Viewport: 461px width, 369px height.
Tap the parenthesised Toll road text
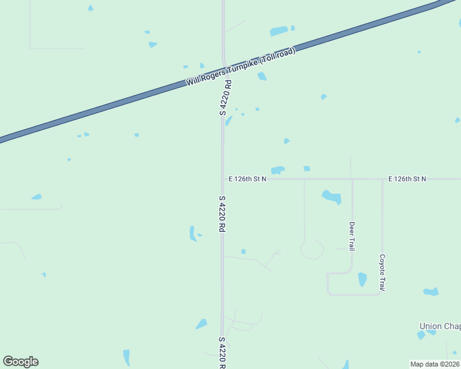tap(277, 57)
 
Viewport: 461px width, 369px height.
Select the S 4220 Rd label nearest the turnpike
tap(226, 98)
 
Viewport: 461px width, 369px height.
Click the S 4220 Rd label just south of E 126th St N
tap(221, 213)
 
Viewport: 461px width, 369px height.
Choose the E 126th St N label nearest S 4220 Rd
tap(247, 179)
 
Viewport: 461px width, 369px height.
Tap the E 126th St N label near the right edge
tap(407, 179)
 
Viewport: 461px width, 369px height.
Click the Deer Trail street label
tap(351, 236)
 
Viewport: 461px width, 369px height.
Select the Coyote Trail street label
tap(382, 272)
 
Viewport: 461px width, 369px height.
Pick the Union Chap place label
tap(439, 326)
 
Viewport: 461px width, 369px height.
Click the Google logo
tap(20, 362)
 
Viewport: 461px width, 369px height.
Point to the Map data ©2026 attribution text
tap(435, 364)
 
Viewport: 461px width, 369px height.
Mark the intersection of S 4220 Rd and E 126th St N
tap(222, 179)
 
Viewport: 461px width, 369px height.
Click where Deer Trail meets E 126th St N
tap(351, 179)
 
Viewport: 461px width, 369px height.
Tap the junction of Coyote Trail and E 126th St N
tap(382, 179)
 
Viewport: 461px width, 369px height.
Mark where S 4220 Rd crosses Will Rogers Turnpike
tap(223, 73)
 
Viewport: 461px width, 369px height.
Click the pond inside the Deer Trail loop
tap(362, 279)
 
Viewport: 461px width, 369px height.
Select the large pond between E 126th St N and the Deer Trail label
tap(332, 197)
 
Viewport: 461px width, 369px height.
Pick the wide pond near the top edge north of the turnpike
tap(279, 31)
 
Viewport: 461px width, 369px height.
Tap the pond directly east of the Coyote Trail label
tap(431, 291)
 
